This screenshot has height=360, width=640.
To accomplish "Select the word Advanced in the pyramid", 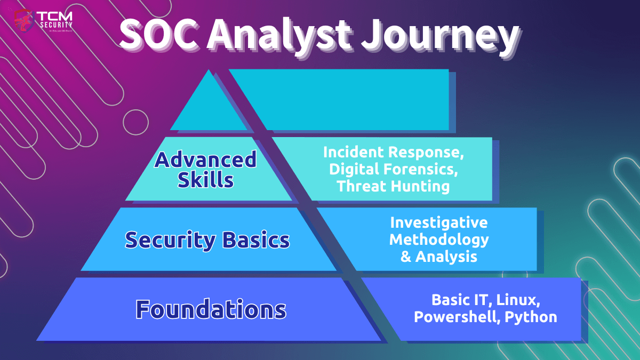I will (x=205, y=159).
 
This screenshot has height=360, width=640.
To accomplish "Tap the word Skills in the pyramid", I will (x=205, y=180).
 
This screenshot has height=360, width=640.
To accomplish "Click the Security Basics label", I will (x=207, y=240).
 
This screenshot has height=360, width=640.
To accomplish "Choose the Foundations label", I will (x=211, y=309).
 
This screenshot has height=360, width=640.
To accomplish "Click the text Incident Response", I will (x=393, y=153).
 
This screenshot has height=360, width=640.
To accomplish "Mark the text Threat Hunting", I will (x=393, y=186).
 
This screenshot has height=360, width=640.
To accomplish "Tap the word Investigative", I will (x=438, y=222).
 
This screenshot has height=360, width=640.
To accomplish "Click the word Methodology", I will (x=438, y=239).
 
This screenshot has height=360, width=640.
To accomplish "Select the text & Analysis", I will (x=438, y=257).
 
